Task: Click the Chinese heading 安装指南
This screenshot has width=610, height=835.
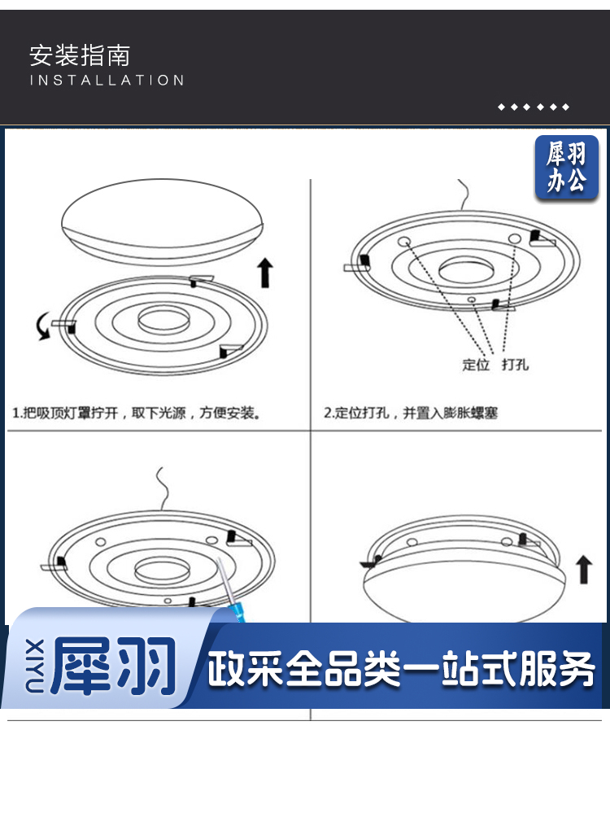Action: [80, 56]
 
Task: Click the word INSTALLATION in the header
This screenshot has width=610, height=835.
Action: [107, 81]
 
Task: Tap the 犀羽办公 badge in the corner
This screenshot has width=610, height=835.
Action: [566, 167]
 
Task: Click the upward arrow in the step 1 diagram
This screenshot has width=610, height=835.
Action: [265, 273]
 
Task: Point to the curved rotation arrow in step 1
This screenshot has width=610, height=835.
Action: [41, 326]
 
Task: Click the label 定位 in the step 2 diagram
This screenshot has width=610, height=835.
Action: [475, 365]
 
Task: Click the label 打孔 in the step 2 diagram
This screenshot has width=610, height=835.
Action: [515, 365]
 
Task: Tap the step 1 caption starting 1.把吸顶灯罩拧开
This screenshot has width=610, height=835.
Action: [137, 413]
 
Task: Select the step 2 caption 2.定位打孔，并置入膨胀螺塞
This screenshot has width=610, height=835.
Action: [411, 413]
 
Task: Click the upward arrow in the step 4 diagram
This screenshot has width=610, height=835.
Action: [584, 569]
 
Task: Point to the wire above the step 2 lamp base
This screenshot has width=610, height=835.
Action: [464, 195]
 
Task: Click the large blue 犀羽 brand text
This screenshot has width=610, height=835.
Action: [114, 666]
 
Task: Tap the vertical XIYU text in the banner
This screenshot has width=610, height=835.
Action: [35, 667]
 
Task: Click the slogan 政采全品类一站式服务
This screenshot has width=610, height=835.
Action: [401, 668]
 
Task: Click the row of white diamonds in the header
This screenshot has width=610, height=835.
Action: [534, 107]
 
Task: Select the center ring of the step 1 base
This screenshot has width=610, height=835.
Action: [163, 321]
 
